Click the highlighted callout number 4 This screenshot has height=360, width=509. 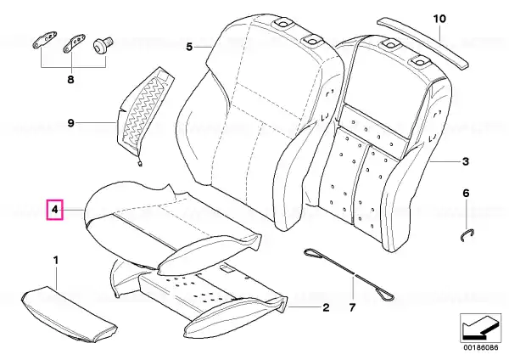pos(55,210)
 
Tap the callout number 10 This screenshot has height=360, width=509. pos(439,19)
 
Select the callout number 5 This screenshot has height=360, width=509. pos(189,47)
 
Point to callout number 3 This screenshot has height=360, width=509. pos(466,160)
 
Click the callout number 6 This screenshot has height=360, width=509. pos(466,194)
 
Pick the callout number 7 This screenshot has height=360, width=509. pos(352,307)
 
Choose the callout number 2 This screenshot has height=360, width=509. pos(326,307)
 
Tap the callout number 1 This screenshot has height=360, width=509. pos(56,261)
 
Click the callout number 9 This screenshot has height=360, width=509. pos(70,123)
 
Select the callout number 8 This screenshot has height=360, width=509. pos(70,79)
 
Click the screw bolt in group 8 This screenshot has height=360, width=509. pos(103,45)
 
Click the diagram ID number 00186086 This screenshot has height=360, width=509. pos(481,347)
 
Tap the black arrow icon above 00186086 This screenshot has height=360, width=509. pos(480,328)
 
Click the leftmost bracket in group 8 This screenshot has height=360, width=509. pos(45,39)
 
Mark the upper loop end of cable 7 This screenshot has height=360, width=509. pos(313,253)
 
